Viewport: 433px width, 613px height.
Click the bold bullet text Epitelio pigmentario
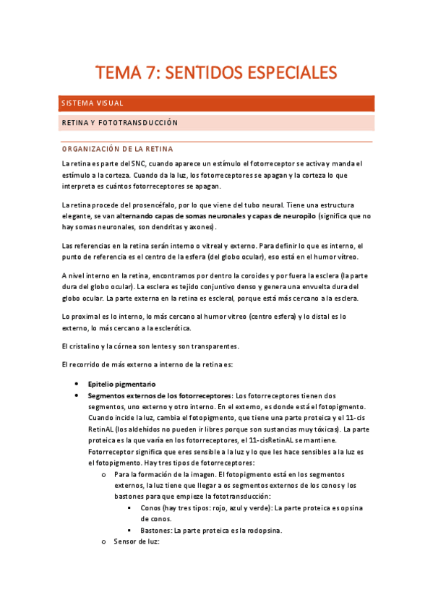click(x=121, y=384)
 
